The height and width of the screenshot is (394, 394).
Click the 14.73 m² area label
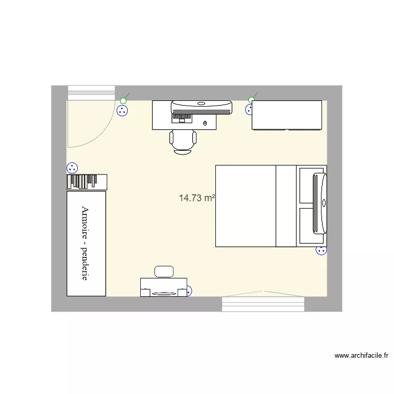(x=197, y=198)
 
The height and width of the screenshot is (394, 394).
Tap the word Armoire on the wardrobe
(x=85, y=220)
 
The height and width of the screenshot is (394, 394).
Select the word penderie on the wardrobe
(x=85, y=261)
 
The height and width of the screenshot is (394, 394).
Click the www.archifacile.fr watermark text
(x=361, y=356)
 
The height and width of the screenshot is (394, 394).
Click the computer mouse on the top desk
(x=205, y=123)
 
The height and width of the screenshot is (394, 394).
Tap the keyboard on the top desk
(x=182, y=116)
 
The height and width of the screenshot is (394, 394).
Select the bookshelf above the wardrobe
(x=87, y=182)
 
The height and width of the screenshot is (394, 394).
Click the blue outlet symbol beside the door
(x=122, y=111)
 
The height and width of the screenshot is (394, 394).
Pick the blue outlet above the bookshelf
(x=72, y=168)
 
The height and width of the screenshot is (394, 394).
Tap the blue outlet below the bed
(x=321, y=250)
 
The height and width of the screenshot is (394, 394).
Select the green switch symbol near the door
(x=124, y=100)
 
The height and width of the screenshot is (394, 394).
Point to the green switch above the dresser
(x=252, y=100)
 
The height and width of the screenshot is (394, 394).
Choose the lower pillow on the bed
(x=306, y=225)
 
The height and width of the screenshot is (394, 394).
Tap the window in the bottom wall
(x=263, y=304)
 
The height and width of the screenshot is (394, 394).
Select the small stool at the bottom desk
(x=164, y=271)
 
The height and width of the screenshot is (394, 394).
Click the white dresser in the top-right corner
(x=286, y=115)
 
